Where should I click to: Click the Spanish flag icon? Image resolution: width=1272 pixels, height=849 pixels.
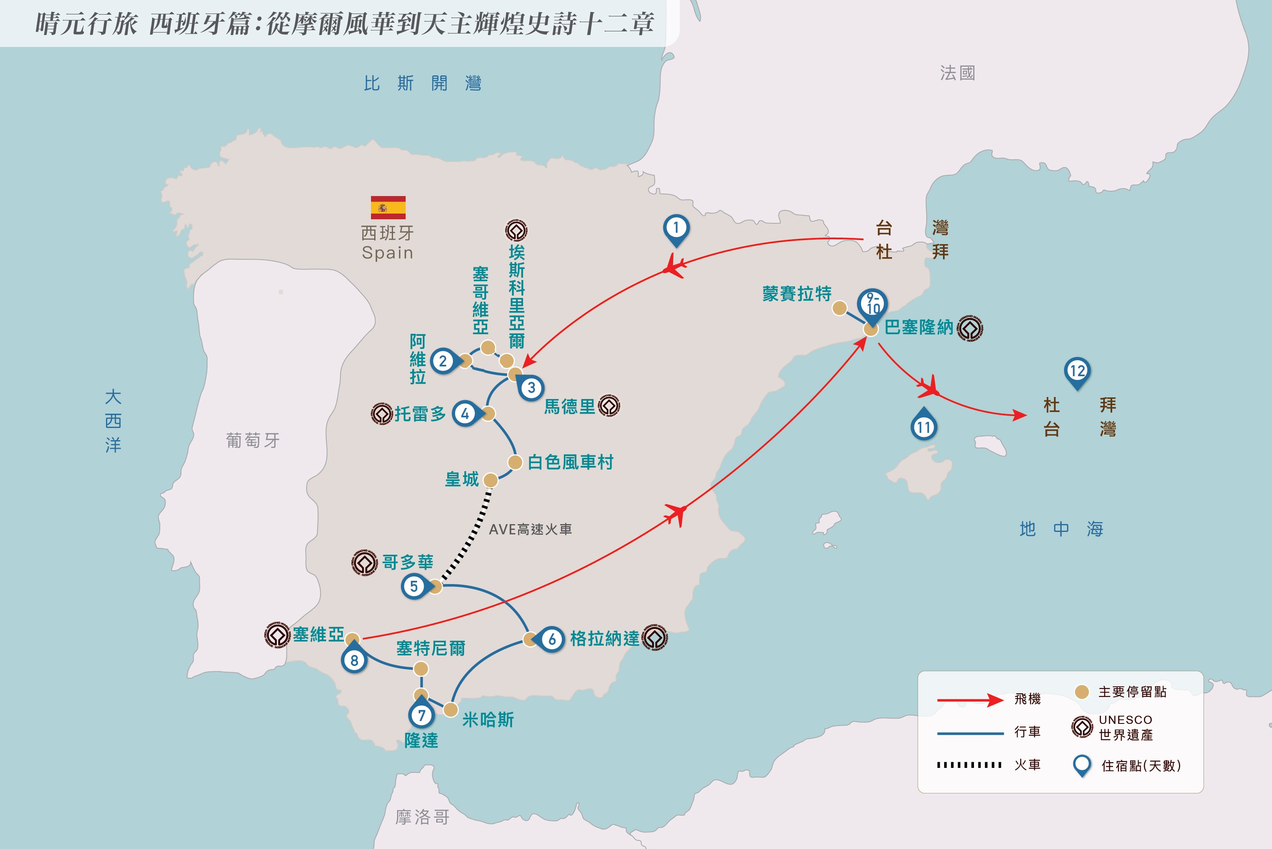tap(388, 207)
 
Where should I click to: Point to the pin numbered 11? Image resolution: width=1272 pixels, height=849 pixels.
tap(924, 424)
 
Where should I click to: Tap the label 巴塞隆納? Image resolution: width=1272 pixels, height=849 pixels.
tap(919, 327)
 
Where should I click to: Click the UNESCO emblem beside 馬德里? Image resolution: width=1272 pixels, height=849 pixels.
tap(609, 406)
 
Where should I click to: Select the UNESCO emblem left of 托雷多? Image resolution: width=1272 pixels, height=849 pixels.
tap(382, 414)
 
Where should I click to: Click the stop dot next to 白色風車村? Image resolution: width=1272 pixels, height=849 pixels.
tap(515, 462)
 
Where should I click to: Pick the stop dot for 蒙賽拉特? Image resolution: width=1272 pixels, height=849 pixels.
tap(839, 308)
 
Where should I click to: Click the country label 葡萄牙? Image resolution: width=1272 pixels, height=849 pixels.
tap(253, 440)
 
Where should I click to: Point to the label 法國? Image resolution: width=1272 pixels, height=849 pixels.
tap(957, 73)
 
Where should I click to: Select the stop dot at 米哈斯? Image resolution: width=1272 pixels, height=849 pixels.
tap(450, 710)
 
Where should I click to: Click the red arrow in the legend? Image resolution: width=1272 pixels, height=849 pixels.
tap(970, 700)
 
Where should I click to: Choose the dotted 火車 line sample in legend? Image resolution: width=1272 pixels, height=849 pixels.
tap(969, 765)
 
